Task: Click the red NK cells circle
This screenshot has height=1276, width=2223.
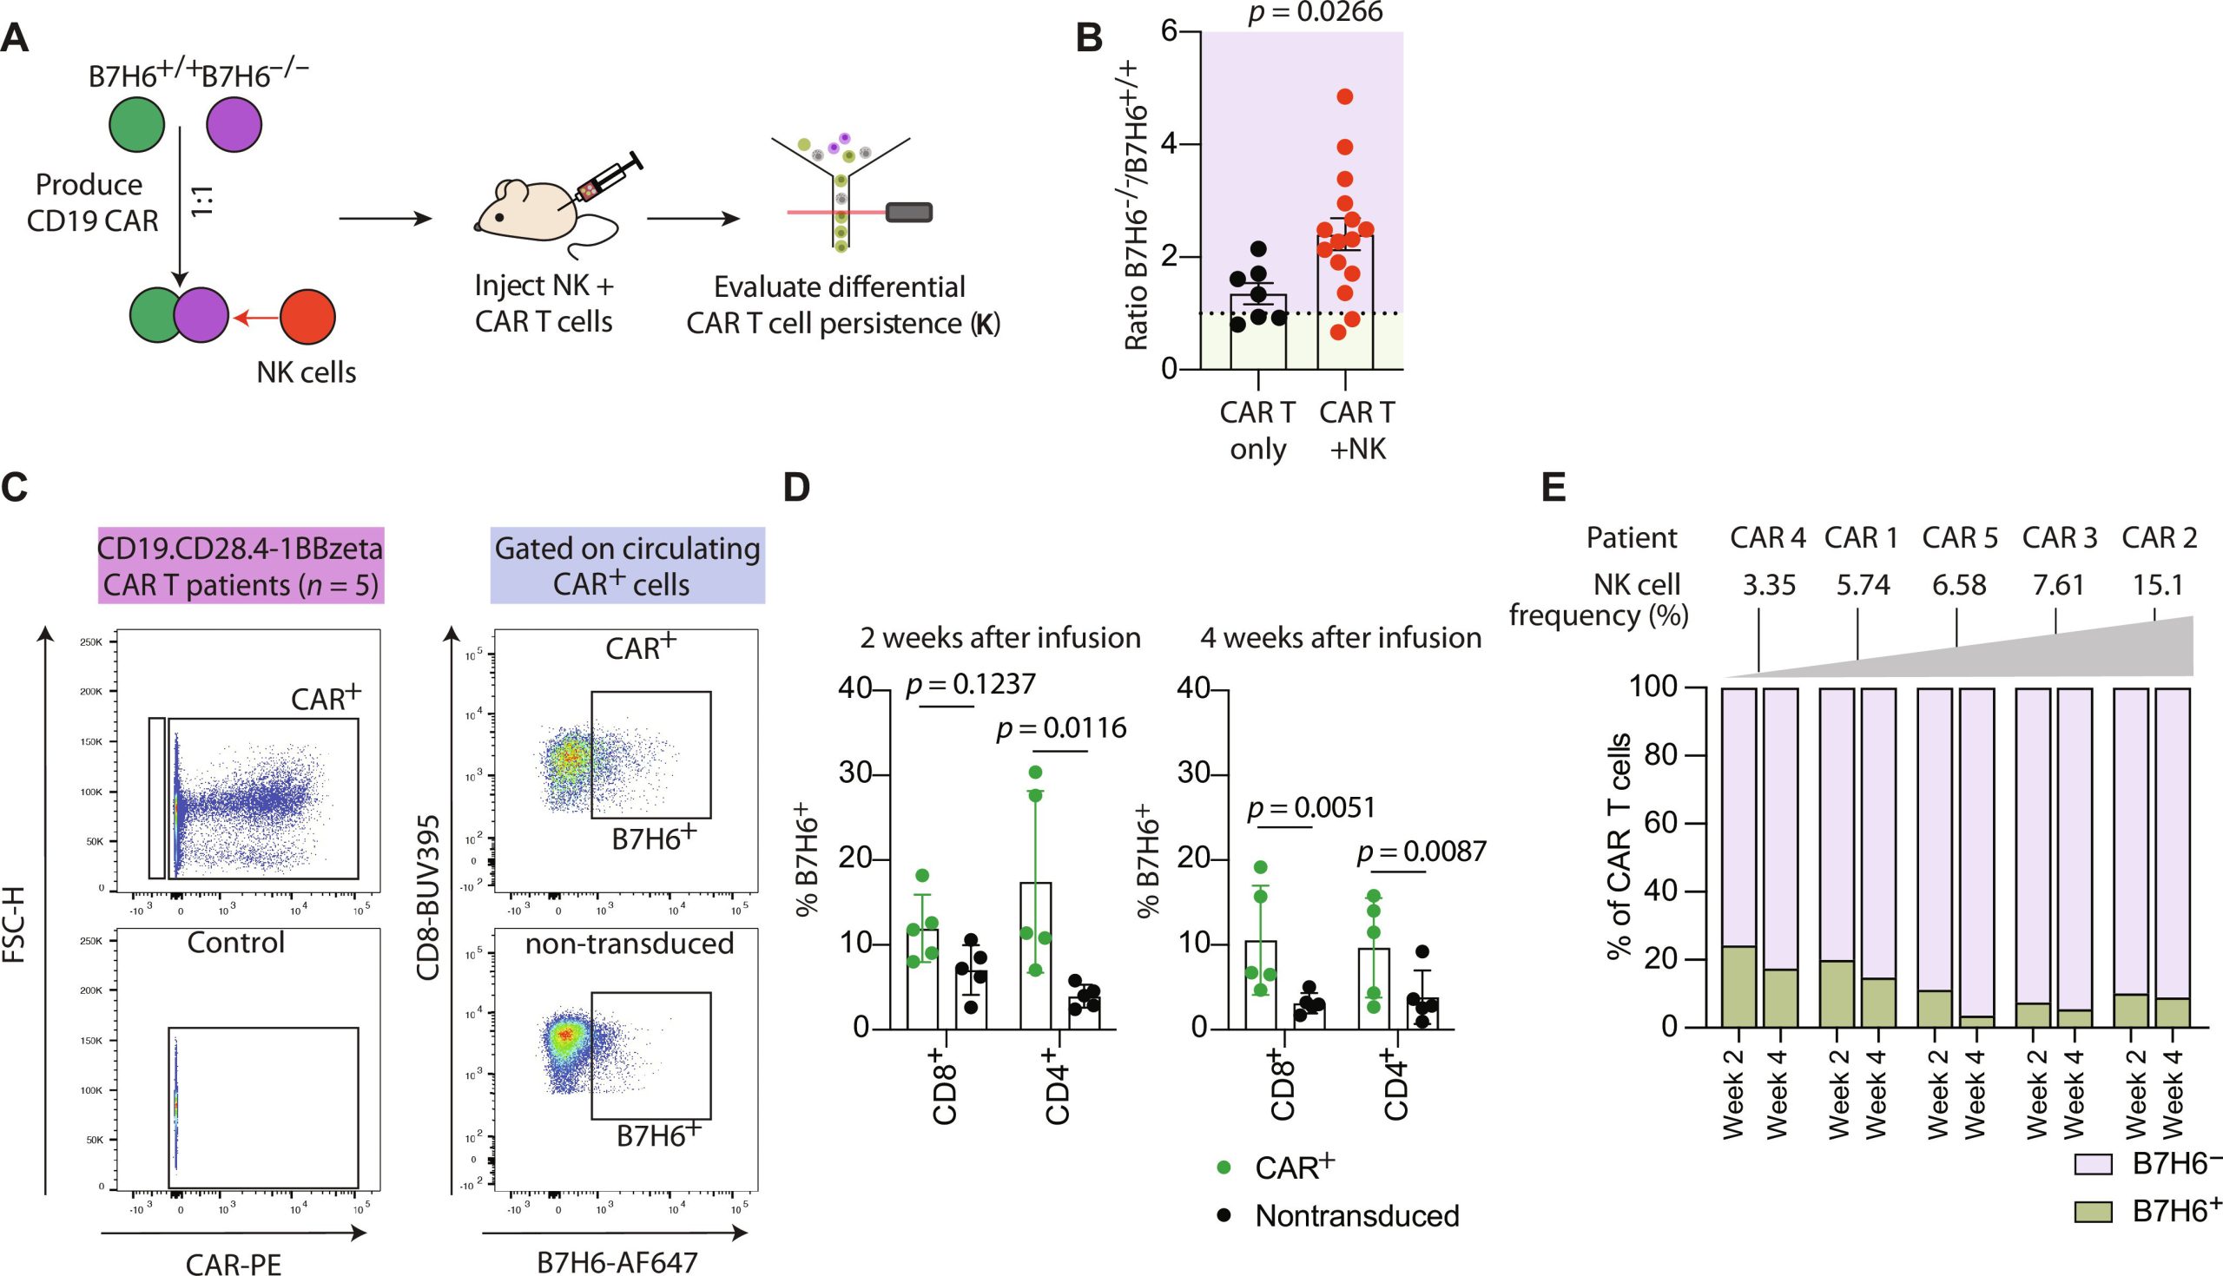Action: (x=307, y=316)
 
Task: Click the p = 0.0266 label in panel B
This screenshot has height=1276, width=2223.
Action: (x=1315, y=12)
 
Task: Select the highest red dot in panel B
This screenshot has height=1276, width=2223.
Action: (x=1346, y=96)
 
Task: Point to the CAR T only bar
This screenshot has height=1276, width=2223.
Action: (x=1258, y=332)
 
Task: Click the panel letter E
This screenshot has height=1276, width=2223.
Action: (x=1553, y=486)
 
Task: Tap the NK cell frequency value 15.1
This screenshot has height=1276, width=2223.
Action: (x=2157, y=584)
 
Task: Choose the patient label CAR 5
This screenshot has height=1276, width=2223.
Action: (x=1959, y=537)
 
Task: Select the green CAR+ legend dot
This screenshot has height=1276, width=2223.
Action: (x=1225, y=1167)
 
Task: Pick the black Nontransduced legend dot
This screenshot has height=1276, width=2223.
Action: (x=1225, y=1215)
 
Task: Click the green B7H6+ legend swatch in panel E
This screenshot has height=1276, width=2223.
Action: (x=2094, y=1212)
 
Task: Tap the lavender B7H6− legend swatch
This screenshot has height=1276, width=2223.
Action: (x=2094, y=1165)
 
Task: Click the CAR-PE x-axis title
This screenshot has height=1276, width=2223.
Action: (x=234, y=1263)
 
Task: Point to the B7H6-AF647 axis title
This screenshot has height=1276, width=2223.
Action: (x=617, y=1263)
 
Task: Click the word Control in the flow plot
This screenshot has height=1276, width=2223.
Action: (x=236, y=943)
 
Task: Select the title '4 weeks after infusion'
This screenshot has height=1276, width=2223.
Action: (x=1340, y=637)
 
